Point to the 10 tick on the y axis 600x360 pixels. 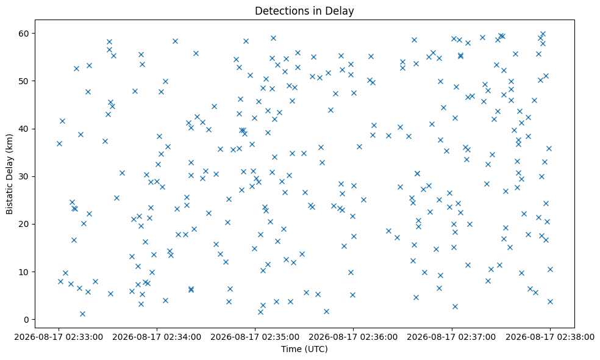(25, 272)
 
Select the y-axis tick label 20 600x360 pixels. (25, 225)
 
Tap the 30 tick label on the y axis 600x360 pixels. (25, 176)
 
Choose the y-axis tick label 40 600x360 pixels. (25, 129)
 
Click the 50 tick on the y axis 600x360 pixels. (25, 81)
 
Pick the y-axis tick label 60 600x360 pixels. (25, 34)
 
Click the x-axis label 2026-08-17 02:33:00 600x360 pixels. (59, 337)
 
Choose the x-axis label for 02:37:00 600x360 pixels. (452, 337)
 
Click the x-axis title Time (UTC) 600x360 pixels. (304, 349)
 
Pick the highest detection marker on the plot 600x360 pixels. (543, 34)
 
